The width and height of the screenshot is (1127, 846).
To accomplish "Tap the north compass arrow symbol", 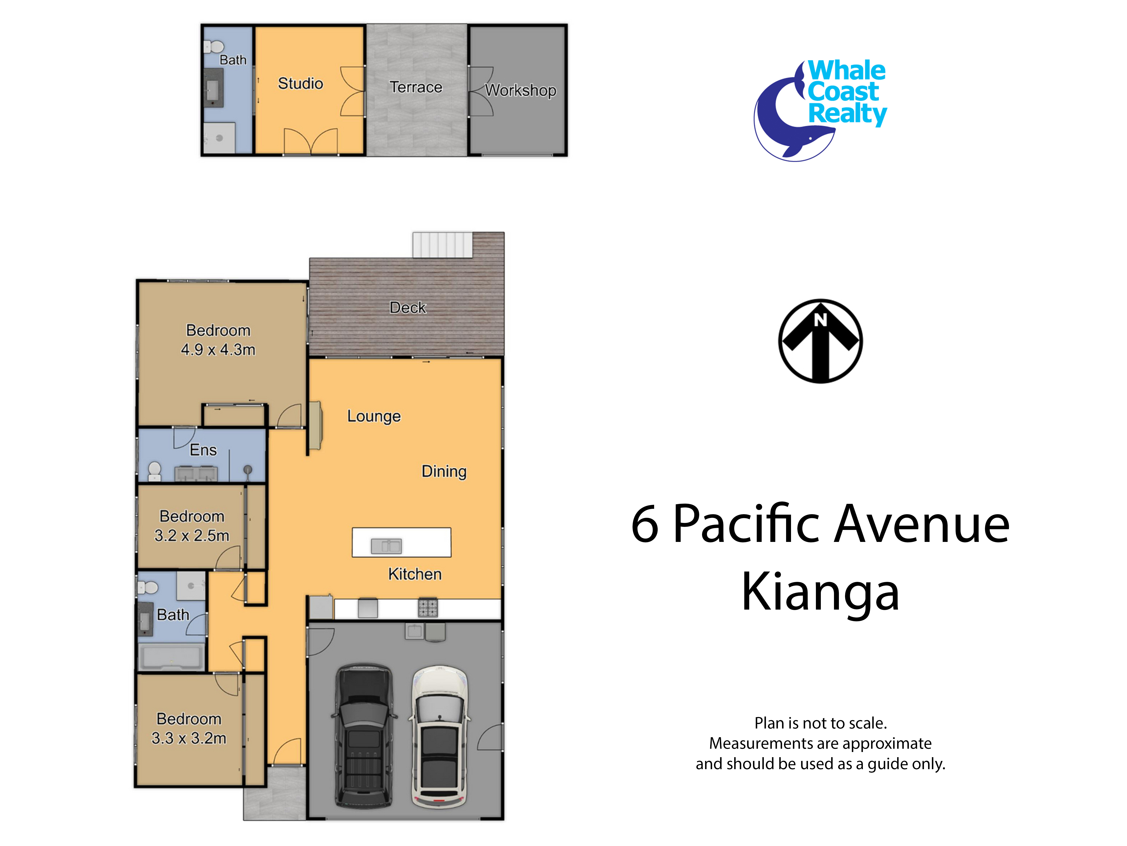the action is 820,341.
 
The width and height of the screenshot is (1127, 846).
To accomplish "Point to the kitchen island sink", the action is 386,546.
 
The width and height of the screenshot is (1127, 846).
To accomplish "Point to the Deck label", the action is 408,307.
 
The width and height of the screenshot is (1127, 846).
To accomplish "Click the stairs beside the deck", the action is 442,245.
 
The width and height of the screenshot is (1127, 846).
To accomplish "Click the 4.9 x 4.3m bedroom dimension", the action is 218,350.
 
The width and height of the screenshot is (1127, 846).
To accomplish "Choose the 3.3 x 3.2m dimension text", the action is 189,738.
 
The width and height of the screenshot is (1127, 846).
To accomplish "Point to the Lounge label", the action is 374,416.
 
